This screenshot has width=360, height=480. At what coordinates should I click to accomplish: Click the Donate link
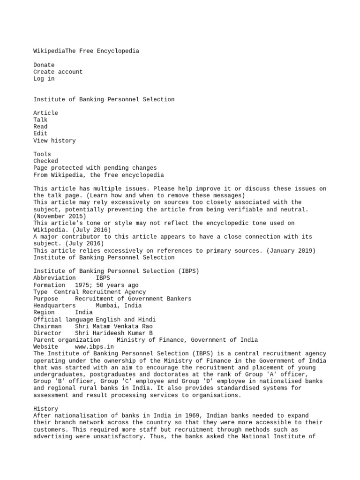tap(44, 65)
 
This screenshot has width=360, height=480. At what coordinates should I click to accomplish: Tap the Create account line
tap(58, 72)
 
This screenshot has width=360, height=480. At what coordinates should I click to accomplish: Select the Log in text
tap(44, 79)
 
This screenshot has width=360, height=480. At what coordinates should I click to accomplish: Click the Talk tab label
tap(40, 120)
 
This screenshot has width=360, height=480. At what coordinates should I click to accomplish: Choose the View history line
tap(54, 141)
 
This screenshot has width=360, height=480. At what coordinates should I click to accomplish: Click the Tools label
tap(42, 154)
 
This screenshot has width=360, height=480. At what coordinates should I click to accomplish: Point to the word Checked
tap(45, 161)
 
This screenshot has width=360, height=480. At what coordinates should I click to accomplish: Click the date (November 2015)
tap(60, 216)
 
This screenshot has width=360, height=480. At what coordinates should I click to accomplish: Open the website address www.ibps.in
tap(94, 347)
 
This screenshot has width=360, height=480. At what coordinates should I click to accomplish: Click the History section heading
tap(45, 409)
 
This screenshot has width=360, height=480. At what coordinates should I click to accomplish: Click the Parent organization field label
tap(67, 340)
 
